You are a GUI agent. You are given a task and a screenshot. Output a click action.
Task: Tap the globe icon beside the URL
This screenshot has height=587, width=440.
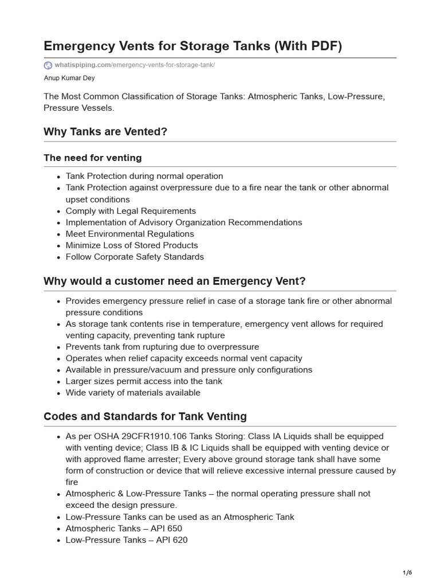[x=48, y=65]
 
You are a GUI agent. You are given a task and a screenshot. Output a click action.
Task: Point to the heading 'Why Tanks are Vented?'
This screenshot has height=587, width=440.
[x=105, y=132]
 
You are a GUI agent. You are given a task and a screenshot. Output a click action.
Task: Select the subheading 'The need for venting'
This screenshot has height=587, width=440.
[x=93, y=158]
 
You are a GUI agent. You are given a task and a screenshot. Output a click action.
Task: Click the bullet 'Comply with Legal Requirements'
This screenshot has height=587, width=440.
[x=131, y=211]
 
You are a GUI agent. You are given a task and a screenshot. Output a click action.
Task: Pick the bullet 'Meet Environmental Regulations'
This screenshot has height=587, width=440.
[x=129, y=234]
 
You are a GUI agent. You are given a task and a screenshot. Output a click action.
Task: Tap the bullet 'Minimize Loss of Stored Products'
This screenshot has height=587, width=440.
[x=132, y=245]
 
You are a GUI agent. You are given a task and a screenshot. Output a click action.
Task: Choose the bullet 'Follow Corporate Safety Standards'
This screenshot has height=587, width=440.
[x=135, y=257]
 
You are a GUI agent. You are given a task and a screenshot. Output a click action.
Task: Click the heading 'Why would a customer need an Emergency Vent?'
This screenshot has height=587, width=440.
[x=175, y=281]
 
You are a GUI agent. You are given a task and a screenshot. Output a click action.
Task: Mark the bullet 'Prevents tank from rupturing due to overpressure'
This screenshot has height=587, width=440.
[x=162, y=347]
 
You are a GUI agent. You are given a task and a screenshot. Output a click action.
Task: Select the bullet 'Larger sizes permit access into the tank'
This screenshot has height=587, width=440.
[x=144, y=381]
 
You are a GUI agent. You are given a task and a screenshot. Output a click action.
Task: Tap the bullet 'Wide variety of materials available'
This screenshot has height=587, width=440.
[x=133, y=393]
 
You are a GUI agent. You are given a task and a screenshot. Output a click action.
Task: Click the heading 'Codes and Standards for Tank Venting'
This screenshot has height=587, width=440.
[x=145, y=417]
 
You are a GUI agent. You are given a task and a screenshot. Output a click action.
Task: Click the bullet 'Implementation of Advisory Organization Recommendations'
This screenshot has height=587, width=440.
[x=184, y=222]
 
